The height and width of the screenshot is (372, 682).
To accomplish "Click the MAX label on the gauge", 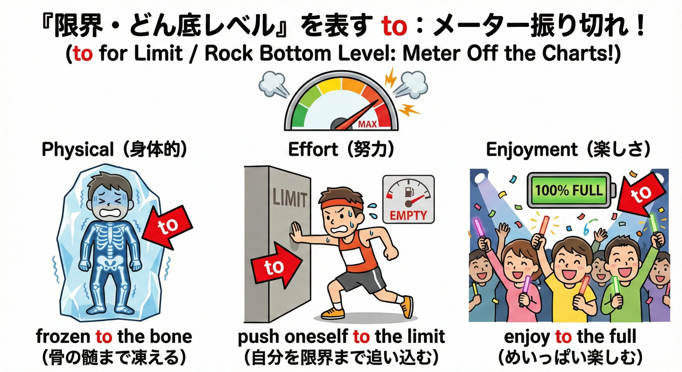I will click(x=367, y=124).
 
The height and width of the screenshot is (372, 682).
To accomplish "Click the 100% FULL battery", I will click(x=569, y=190).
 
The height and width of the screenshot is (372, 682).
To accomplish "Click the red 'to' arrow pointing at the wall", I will click(x=275, y=266).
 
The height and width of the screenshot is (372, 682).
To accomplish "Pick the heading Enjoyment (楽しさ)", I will click(x=568, y=150).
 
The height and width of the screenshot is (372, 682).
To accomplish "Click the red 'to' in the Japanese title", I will click(x=394, y=26).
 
